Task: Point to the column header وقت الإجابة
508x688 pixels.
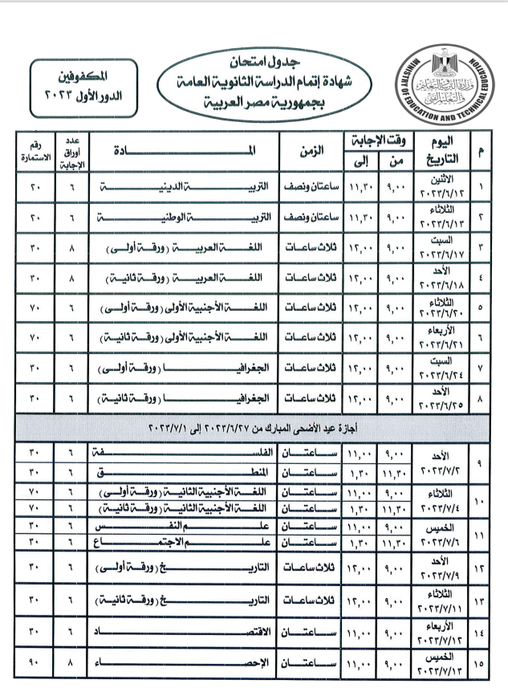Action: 376,138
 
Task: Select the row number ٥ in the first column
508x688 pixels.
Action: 481,306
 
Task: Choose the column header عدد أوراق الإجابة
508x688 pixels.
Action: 71,150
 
